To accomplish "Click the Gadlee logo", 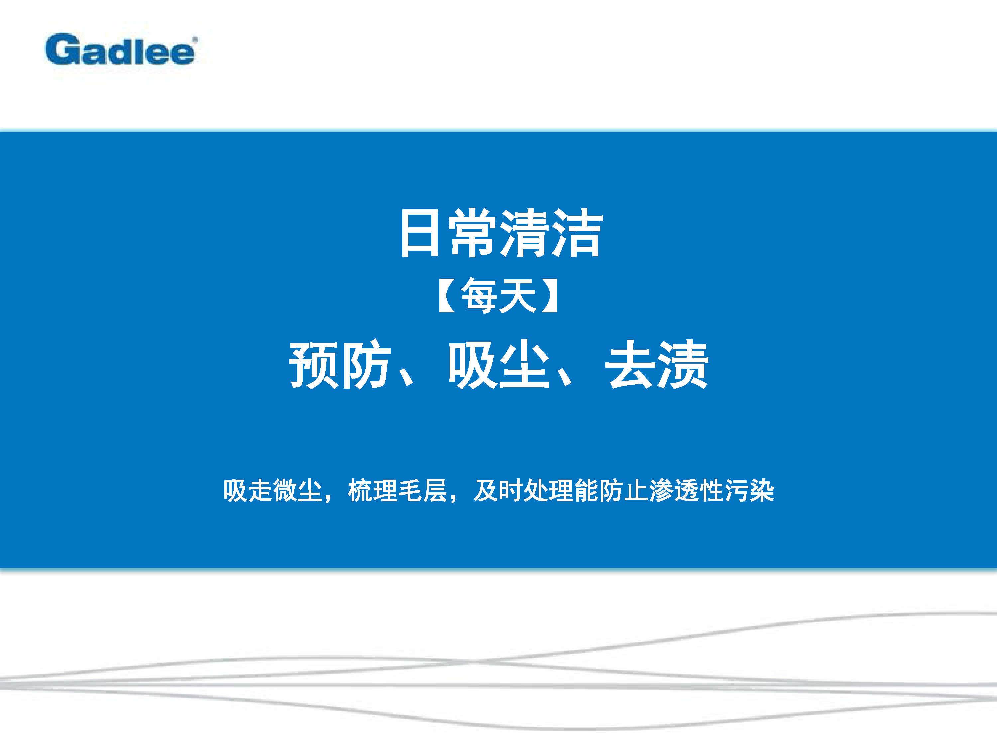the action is [120, 49].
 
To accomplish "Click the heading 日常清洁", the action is [501, 233].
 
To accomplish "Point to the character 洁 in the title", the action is [578, 233].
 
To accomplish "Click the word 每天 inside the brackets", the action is [498, 296].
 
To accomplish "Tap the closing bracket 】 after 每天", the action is [551, 296].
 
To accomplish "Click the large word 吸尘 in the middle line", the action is [498, 365].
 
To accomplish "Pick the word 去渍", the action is [657, 365].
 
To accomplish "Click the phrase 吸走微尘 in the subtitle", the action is [273, 490].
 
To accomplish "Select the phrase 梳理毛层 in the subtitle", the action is [397, 490].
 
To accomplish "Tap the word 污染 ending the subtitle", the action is [749, 490].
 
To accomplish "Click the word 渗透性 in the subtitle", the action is [687, 490].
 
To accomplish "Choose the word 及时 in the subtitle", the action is [498, 490].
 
